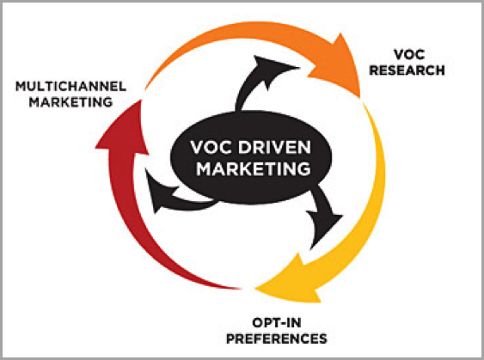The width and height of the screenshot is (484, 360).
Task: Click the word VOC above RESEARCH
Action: pyautogui.click(x=409, y=55)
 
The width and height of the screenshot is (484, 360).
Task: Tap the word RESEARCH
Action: pyautogui.click(x=407, y=70)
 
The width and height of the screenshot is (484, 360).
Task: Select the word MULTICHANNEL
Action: pyautogui.click(x=71, y=87)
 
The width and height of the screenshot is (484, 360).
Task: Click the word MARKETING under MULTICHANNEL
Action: pyautogui.click(x=70, y=102)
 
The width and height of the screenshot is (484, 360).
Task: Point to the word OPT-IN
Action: pyautogui.click(x=277, y=323)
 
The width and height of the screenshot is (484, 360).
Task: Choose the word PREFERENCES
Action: pyautogui.click(x=277, y=339)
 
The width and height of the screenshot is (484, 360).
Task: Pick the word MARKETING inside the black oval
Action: pyautogui.click(x=254, y=168)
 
